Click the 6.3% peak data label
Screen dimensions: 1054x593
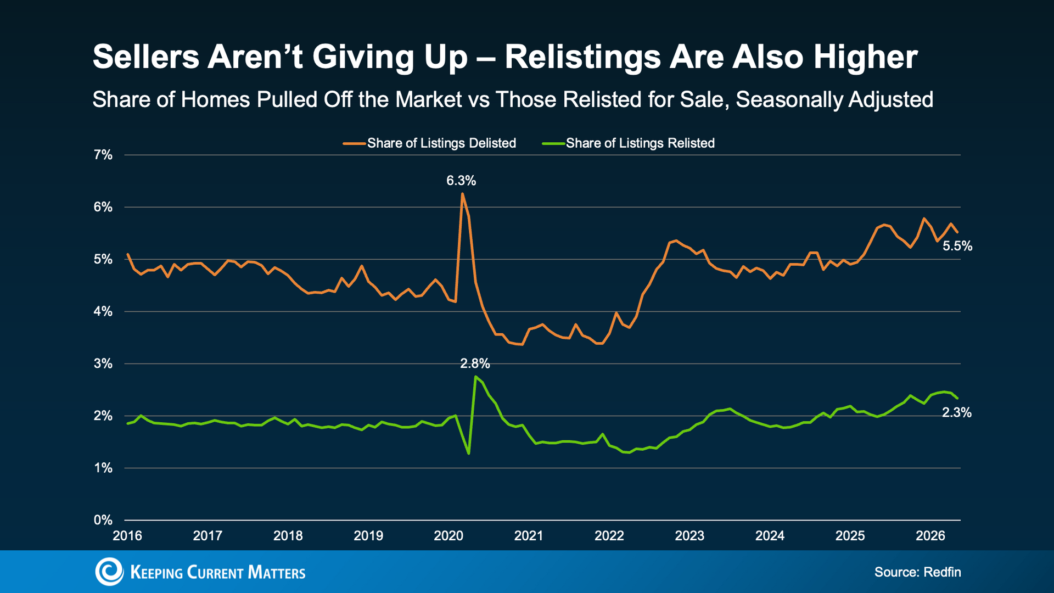point(461,181)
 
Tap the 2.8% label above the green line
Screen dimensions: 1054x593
point(475,363)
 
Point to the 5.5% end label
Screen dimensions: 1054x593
point(957,247)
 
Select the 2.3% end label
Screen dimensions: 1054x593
point(957,413)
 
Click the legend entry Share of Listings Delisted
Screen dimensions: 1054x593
point(429,143)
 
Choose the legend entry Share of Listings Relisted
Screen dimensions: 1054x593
point(628,143)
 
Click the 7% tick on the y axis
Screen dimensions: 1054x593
point(103,155)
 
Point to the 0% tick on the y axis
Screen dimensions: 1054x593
point(103,520)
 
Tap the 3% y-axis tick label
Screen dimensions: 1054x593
point(103,363)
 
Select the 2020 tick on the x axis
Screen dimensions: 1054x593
point(448,536)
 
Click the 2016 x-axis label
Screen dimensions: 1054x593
point(127,536)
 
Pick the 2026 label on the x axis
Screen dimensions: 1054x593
point(930,536)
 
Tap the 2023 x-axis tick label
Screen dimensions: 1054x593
point(689,536)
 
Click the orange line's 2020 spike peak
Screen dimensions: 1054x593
point(462,193)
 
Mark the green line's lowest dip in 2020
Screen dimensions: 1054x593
point(468,454)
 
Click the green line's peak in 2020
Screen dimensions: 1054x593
point(475,377)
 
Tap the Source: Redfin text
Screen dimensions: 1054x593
point(918,572)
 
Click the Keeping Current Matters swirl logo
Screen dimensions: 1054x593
point(109,572)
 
